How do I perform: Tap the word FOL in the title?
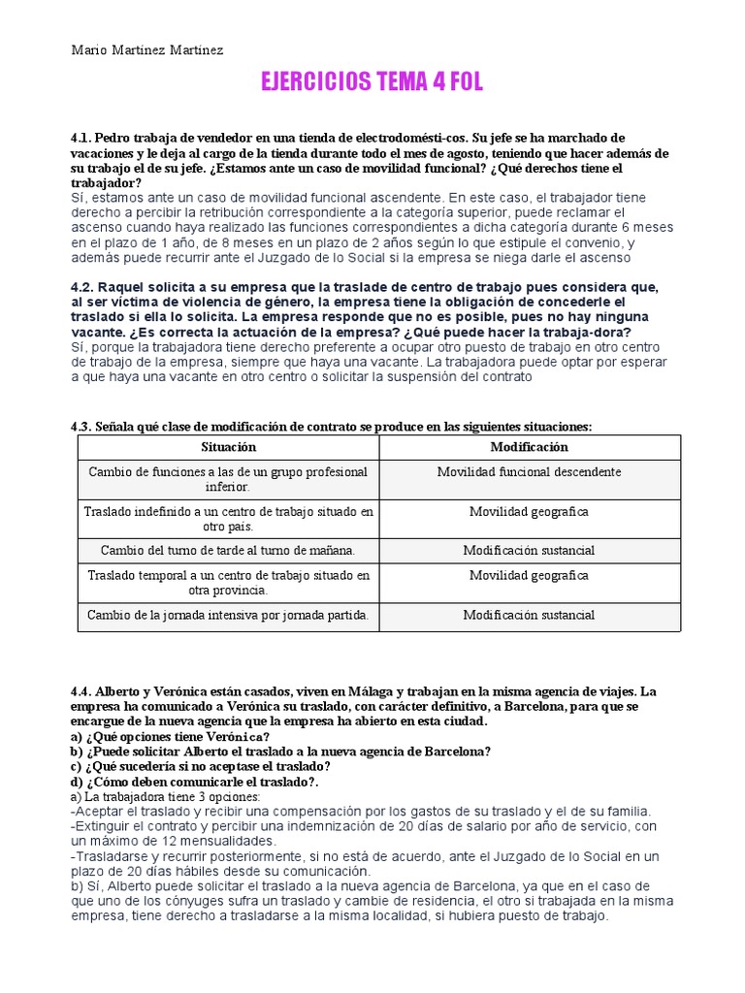[460, 83]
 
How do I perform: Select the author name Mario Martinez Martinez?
[147, 49]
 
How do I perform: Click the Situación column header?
[228, 447]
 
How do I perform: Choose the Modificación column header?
[529, 447]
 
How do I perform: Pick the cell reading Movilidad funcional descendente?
[529, 472]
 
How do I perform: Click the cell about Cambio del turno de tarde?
[228, 550]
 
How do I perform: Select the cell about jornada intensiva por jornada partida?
[228, 615]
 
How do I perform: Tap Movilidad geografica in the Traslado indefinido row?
[529, 511]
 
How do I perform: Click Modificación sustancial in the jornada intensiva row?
[529, 615]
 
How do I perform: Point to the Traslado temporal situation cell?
[228, 582]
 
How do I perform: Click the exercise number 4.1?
[81, 139]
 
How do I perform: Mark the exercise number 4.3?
[81, 427]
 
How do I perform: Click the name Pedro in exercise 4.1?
[114, 139]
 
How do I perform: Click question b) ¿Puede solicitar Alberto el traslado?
[280, 751]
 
